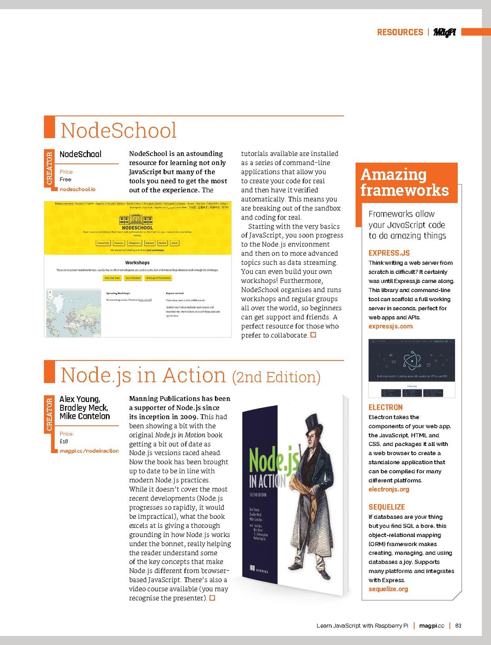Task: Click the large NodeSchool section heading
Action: point(118,130)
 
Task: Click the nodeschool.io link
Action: point(77,189)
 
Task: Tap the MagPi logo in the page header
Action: point(444,32)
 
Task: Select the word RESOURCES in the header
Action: point(400,32)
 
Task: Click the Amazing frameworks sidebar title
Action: point(404,182)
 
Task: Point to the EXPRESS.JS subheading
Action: point(389,253)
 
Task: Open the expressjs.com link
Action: point(391,326)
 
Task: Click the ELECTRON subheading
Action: point(386,407)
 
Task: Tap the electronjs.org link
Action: point(389,489)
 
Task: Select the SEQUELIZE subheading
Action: point(386,507)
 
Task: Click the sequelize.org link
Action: point(388,589)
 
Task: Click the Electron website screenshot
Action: point(411,368)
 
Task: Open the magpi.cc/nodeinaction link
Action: point(89,451)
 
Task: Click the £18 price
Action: point(64,442)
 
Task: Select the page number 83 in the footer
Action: point(458,625)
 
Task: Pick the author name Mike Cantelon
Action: point(85,416)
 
